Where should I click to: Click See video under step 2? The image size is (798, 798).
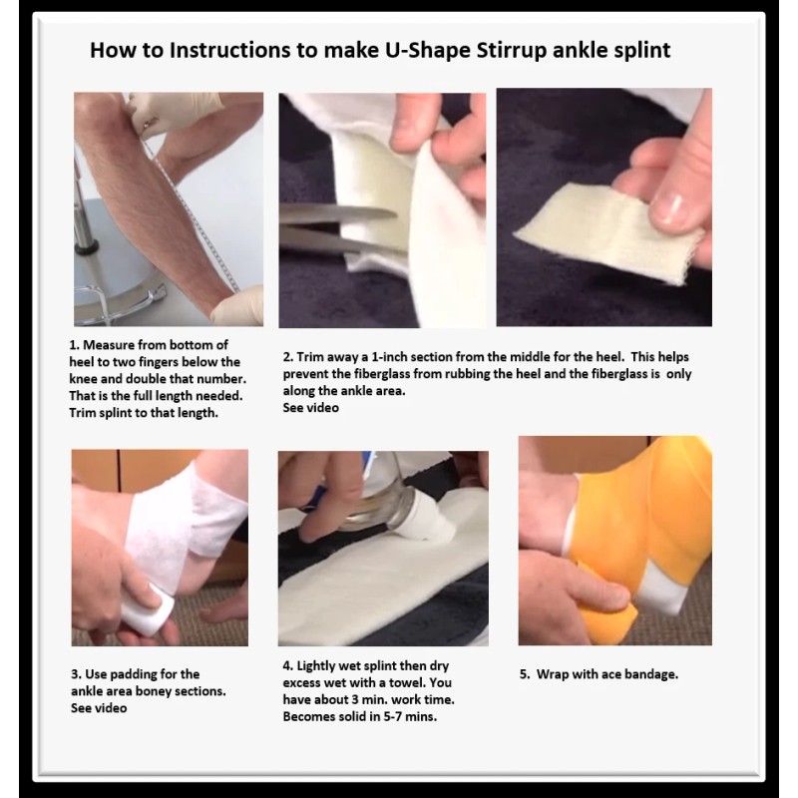pos(310,408)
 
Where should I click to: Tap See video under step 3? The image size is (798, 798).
pos(99,708)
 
